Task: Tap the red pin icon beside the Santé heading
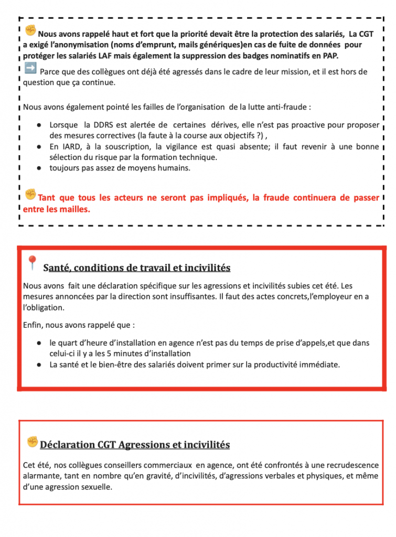(x=32, y=263)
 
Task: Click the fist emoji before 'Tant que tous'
(x=30, y=195)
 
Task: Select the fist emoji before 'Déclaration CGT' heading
(x=33, y=442)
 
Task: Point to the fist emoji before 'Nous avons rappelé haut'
(x=30, y=31)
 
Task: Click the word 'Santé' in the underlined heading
(x=56, y=268)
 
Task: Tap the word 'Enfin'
(x=33, y=325)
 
